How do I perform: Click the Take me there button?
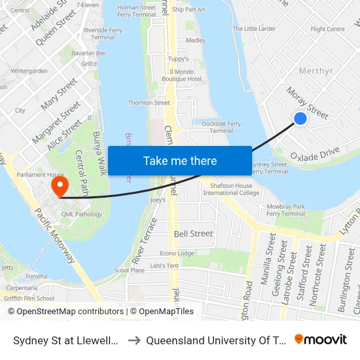[x=180, y=160]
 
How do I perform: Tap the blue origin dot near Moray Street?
[x=300, y=118]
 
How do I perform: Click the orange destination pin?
[x=60, y=187]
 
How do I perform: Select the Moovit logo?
[x=321, y=339]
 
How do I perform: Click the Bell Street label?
[x=193, y=234]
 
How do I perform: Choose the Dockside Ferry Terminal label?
[x=222, y=127]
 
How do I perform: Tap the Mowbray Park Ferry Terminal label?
[x=286, y=209]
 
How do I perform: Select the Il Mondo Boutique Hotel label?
[x=185, y=75]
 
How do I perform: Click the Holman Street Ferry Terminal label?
[x=136, y=10]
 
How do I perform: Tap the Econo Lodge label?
[x=177, y=253]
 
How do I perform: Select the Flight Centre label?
[x=327, y=29]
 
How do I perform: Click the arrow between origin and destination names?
[x=133, y=340]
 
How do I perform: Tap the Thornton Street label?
[x=149, y=103]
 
